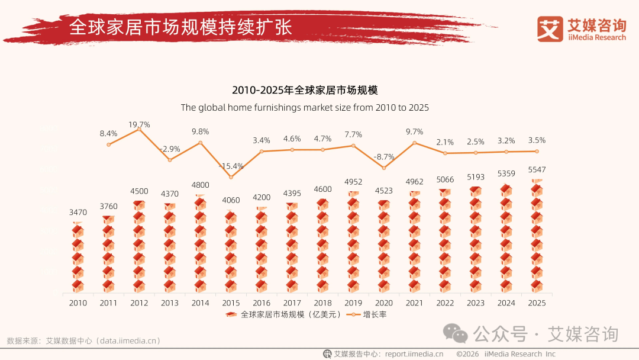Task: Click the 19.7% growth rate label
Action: coord(140,124)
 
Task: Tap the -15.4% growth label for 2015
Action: coord(232,166)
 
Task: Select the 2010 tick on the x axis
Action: coord(78,303)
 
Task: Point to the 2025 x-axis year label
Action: coord(536,303)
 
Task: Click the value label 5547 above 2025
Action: coord(536,170)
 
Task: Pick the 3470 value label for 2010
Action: coord(78,211)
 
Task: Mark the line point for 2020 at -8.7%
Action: coord(385,168)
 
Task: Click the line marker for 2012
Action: coord(140,130)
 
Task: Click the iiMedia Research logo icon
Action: coord(550,28)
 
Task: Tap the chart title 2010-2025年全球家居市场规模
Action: coord(305,91)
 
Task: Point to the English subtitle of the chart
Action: coord(305,108)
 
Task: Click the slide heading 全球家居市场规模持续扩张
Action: coord(180,27)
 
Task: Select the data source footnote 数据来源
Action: coord(83,340)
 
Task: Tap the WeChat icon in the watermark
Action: coord(456,334)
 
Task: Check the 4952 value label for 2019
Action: coord(354,182)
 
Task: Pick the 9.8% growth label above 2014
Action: coord(201,131)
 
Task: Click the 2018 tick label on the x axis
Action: coord(323,303)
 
